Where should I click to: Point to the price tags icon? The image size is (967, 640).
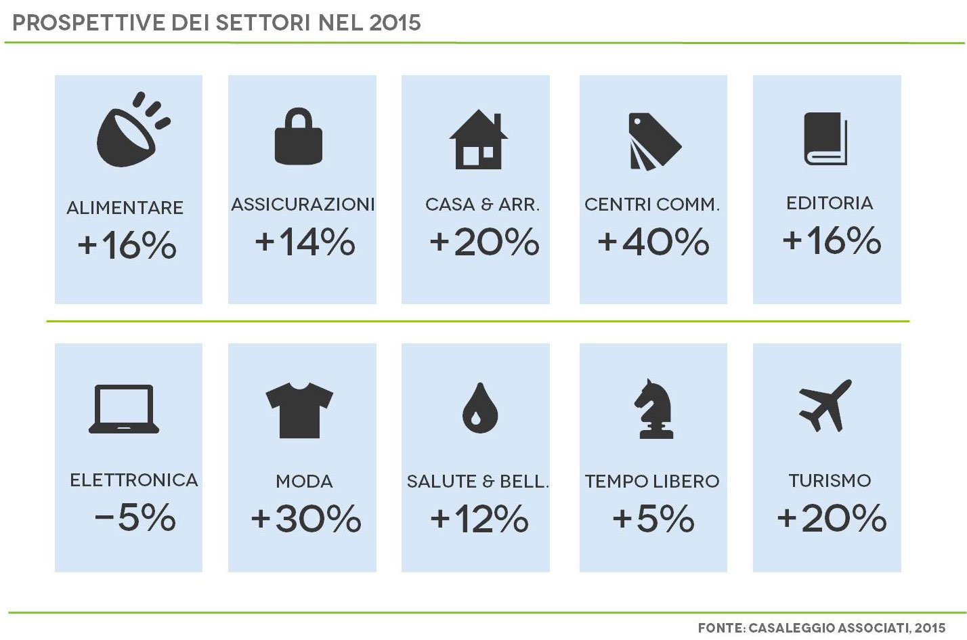[653, 141]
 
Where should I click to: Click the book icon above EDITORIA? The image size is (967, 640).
[825, 139]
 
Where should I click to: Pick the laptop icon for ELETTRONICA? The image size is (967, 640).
[124, 408]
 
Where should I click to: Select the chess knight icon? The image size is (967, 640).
[654, 408]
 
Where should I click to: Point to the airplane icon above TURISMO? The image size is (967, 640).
[825, 405]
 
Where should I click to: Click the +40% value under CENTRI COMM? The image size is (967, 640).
[653, 242]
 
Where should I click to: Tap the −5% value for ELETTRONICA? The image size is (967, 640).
[135, 518]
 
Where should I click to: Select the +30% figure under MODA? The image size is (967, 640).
[306, 519]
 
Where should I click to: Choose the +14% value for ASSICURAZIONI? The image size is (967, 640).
[305, 242]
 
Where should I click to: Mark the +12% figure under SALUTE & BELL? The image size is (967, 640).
[479, 519]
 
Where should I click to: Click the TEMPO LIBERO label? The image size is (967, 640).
[652, 482]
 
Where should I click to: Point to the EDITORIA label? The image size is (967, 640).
[830, 203]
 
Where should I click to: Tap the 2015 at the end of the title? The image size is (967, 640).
[395, 23]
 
